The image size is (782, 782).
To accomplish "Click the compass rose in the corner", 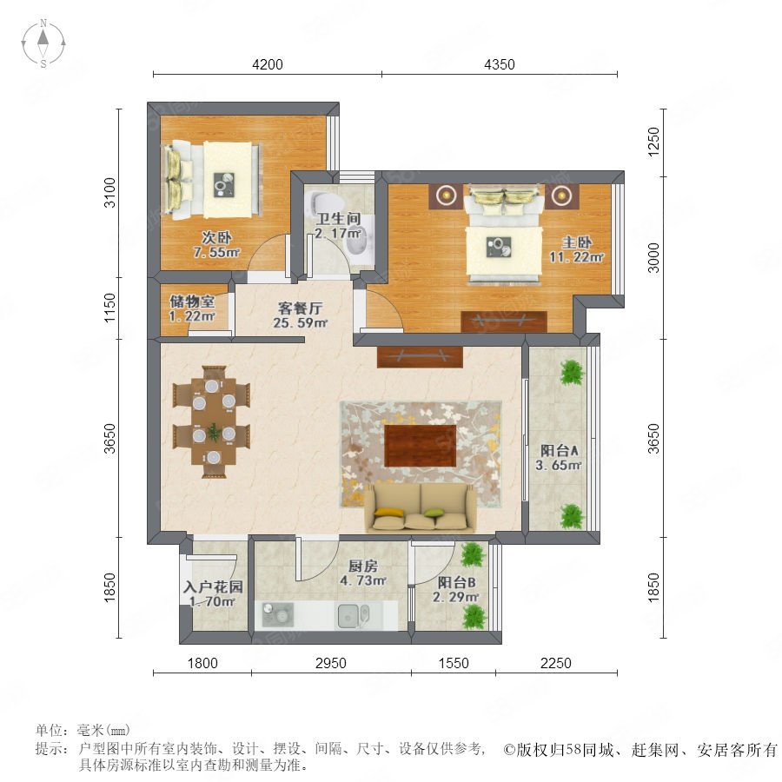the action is pos(43,43).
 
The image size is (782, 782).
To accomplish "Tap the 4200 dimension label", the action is pos(268,64).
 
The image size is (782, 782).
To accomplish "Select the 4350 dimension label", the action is pos(500,64).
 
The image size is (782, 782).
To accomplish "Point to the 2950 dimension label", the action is pos(331,663).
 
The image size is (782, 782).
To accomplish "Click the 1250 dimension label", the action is pos(653,142).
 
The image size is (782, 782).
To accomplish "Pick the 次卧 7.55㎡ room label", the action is pos(216,244).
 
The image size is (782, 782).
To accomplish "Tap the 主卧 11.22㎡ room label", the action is pos(576,249).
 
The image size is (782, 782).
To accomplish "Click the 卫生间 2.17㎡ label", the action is pos(338,225).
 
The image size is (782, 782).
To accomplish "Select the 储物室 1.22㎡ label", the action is pos(192,308).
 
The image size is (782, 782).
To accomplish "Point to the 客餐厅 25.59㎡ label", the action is pos(300,315).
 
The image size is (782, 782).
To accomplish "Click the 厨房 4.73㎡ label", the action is pos(362,573).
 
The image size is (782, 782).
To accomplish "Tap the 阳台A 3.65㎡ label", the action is pos(559,458).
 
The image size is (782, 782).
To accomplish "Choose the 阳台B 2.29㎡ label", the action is pos(456,589).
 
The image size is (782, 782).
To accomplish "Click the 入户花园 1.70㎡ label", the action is pos(213,593).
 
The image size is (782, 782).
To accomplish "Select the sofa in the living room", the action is pos(421,507).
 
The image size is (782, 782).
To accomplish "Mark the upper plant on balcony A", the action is pos(572,373).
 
